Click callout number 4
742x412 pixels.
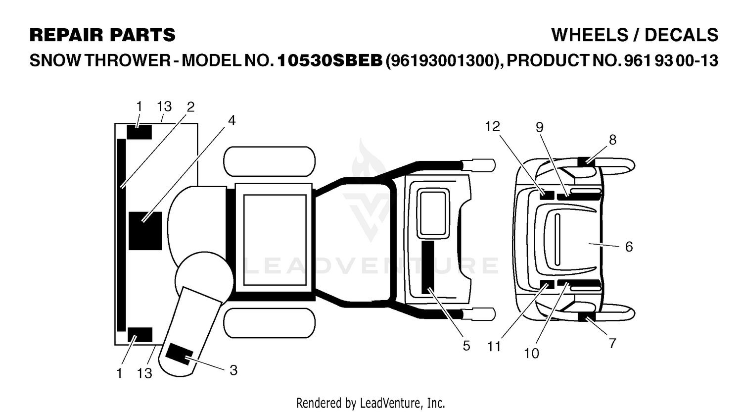(x=232, y=121)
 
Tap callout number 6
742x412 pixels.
(x=629, y=247)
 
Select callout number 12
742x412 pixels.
(x=492, y=126)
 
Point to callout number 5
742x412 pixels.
(x=466, y=346)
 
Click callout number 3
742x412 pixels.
(x=233, y=370)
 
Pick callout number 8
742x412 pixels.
(x=612, y=140)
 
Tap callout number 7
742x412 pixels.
(x=612, y=343)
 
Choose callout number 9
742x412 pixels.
(x=540, y=127)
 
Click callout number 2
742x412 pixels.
(x=190, y=107)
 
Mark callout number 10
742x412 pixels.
(x=531, y=354)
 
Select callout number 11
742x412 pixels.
(x=494, y=347)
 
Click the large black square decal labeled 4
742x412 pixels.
(x=145, y=231)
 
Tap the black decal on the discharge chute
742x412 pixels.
(x=179, y=354)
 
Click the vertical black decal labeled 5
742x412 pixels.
(x=428, y=267)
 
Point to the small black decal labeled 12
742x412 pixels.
(x=547, y=195)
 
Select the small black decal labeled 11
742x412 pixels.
(x=547, y=284)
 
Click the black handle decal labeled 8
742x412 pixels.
(x=586, y=162)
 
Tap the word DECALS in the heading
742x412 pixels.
(x=681, y=35)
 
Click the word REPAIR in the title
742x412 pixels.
(x=66, y=35)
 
